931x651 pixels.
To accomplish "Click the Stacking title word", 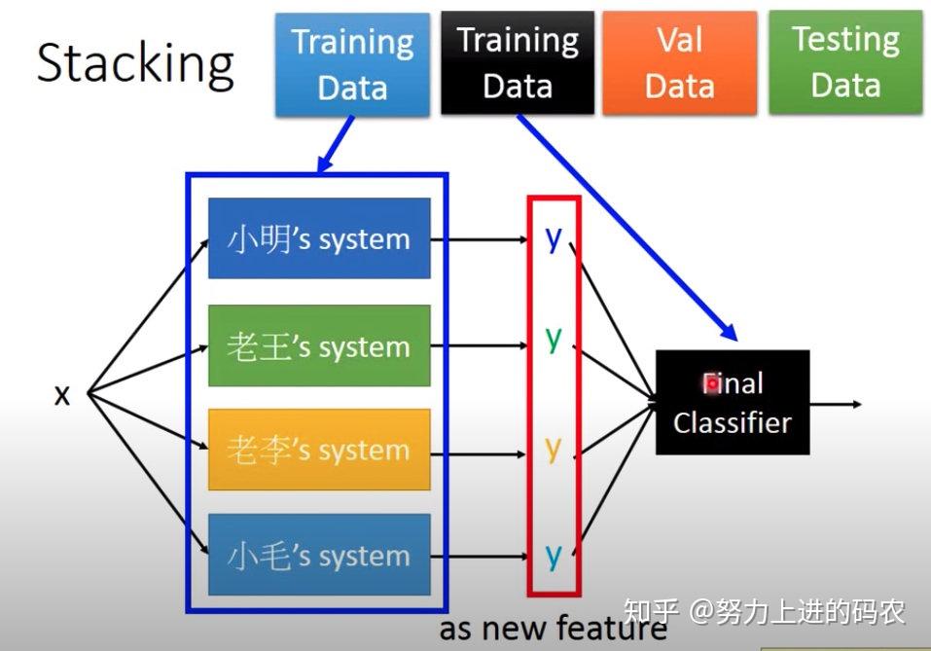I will pos(135,63).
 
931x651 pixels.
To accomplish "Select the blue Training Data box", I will pos(352,64).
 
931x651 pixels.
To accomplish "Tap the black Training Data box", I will pos(518,63).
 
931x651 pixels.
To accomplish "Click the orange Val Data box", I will pos(680,63).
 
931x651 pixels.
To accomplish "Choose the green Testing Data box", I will pos(845,63).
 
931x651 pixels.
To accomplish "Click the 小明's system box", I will pos(319,238).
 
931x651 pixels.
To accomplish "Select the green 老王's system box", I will pos(319,345).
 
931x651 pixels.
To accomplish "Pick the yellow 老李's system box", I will pos(319,450).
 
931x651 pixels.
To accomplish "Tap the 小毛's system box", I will pos(319,555).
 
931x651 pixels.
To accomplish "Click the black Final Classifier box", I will pos(733,403).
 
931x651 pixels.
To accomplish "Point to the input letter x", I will pos(62,395).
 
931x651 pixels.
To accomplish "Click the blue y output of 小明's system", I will pos(554,237).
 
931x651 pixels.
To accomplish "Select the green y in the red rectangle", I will pos(554,338).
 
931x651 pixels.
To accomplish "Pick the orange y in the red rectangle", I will pos(554,448).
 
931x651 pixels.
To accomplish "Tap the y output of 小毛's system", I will pos(554,555).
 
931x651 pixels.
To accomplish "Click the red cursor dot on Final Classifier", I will pos(712,384).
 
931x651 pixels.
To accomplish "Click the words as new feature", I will pos(553,629).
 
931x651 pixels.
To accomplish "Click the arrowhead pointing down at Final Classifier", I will pos(728,334).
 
